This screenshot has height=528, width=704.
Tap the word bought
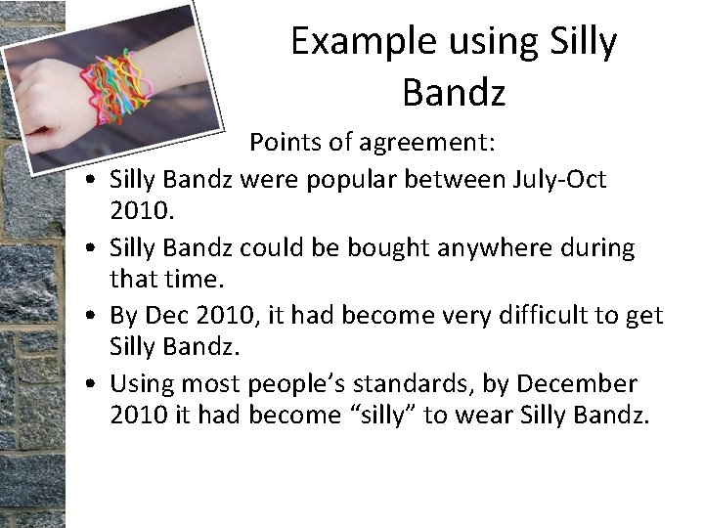click(x=365, y=248)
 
